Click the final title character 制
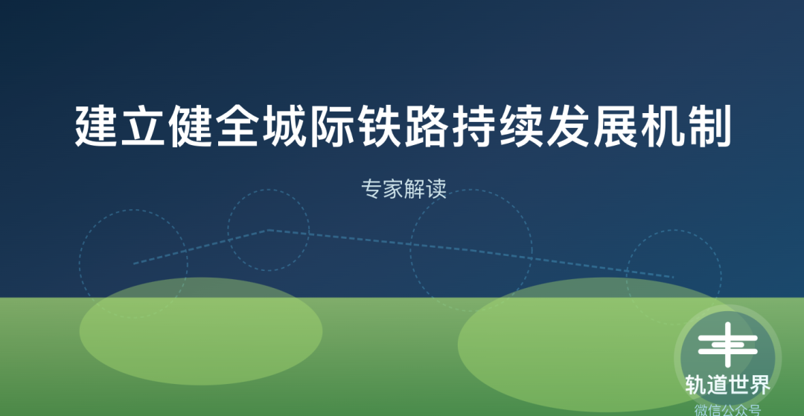pos(708,126)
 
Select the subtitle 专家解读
pos(403,189)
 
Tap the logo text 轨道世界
pos(727,385)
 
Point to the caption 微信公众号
pos(727,410)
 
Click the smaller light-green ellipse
pos(201,331)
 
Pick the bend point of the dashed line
pos(267,230)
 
